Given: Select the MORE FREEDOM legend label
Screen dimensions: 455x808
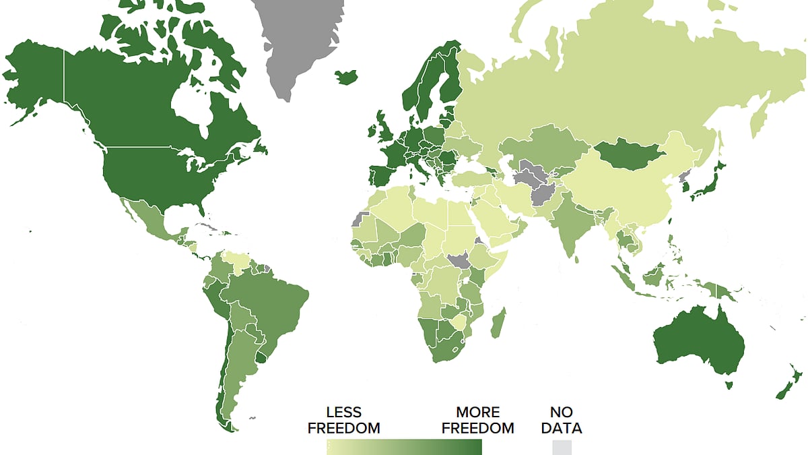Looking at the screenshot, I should click(x=478, y=420).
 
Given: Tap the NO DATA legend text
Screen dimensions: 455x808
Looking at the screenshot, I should click(x=566, y=420).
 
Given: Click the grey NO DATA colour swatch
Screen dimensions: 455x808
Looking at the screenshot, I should click(x=562, y=447).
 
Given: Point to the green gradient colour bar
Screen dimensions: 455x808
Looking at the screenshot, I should click(x=404, y=447).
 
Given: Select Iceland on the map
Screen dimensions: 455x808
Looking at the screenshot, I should click(x=346, y=77).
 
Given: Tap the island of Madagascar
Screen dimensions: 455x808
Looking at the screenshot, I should click(x=499, y=323).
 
